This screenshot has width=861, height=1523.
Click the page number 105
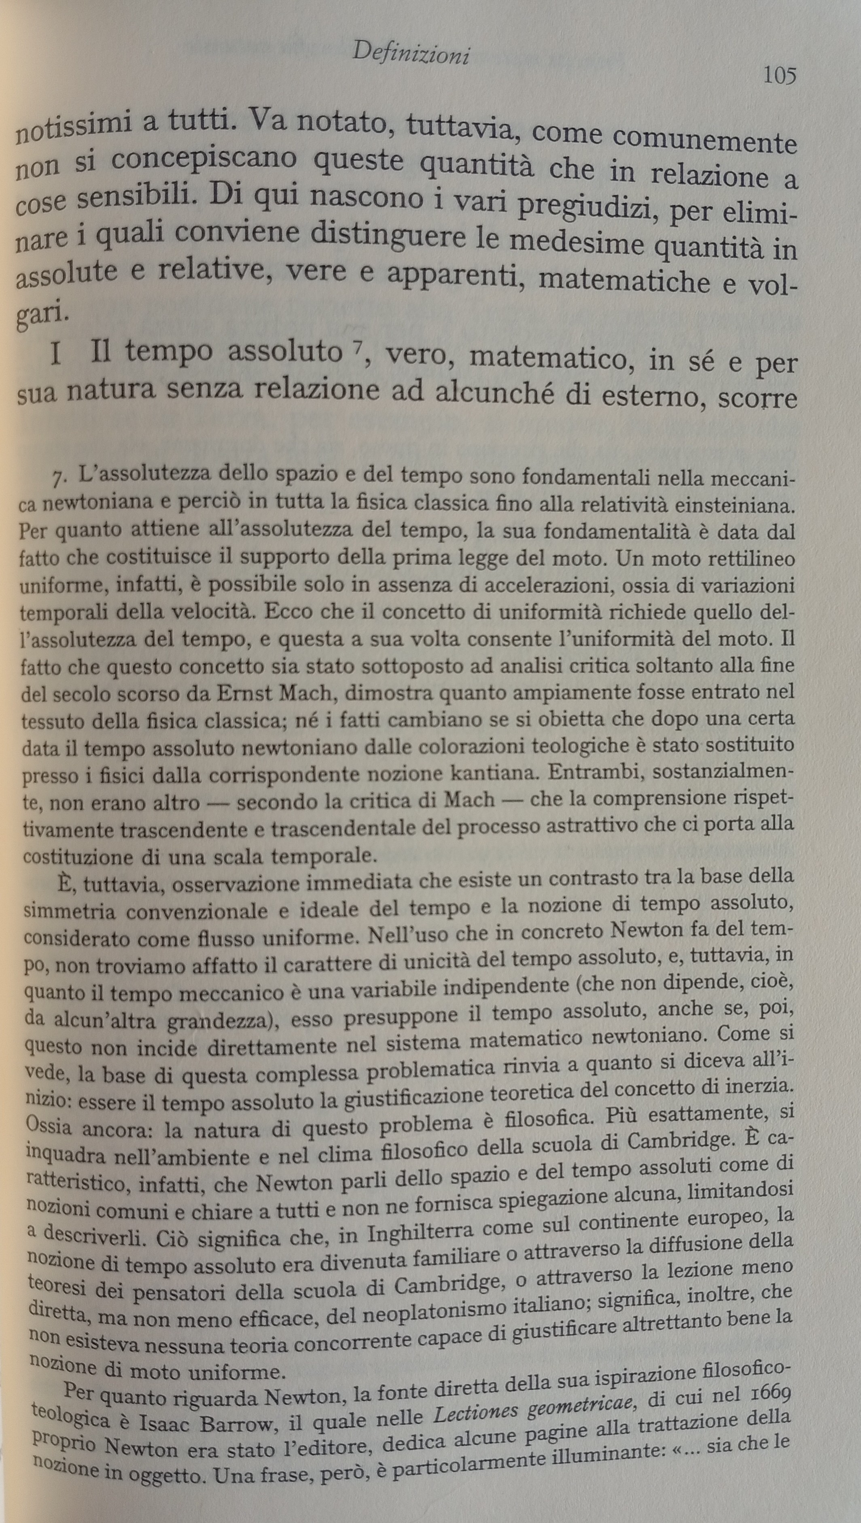click(779, 76)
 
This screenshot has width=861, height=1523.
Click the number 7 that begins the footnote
click(58, 478)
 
